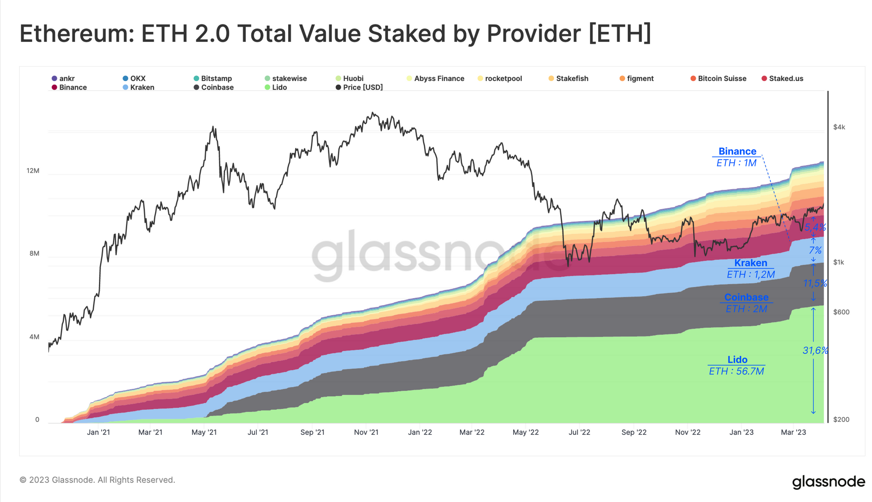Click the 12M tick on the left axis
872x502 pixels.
33,170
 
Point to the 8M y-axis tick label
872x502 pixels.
34,254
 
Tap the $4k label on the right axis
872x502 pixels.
839,127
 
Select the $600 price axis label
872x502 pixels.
841,312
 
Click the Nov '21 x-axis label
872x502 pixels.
366,432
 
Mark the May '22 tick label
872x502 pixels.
525,432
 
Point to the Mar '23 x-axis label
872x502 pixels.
794,432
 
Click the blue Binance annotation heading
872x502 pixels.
737,151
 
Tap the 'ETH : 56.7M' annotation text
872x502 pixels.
736,371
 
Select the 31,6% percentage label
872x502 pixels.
815,350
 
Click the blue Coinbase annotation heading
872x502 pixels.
746,297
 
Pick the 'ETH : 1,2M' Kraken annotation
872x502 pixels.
750,275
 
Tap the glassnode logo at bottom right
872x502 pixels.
828,482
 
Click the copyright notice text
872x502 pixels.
97,480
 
